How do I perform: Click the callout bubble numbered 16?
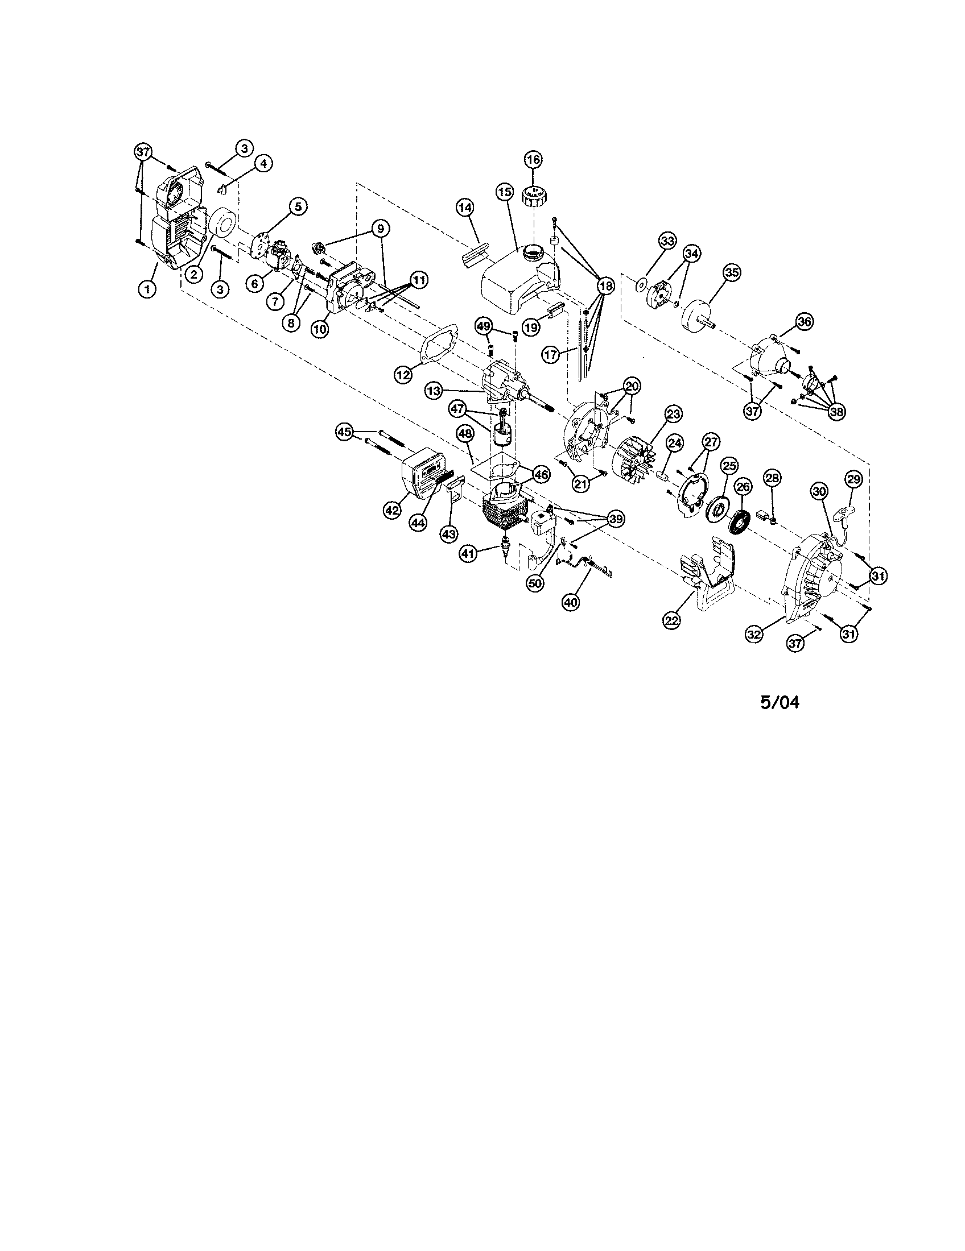(x=533, y=159)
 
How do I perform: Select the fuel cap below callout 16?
(x=534, y=198)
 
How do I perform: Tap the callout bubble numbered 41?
(x=469, y=553)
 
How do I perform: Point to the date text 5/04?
(x=780, y=702)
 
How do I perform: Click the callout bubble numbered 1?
(x=147, y=289)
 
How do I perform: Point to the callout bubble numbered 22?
(x=672, y=619)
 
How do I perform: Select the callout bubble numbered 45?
(x=344, y=433)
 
